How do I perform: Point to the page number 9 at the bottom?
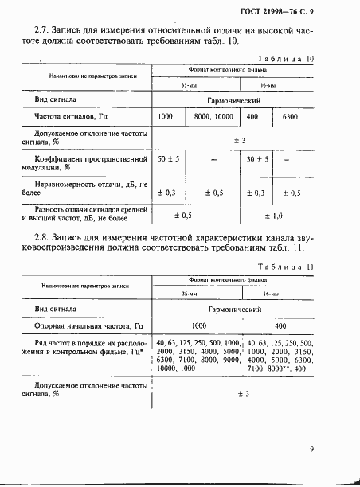click(x=312, y=450)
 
